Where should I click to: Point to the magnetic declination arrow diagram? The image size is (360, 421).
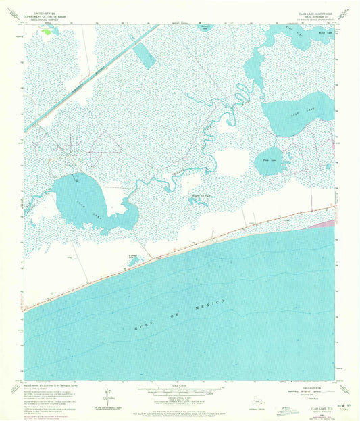pyautogui.click(x=108, y=397)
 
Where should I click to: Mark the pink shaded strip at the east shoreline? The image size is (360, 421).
pyautogui.click(x=326, y=222)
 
